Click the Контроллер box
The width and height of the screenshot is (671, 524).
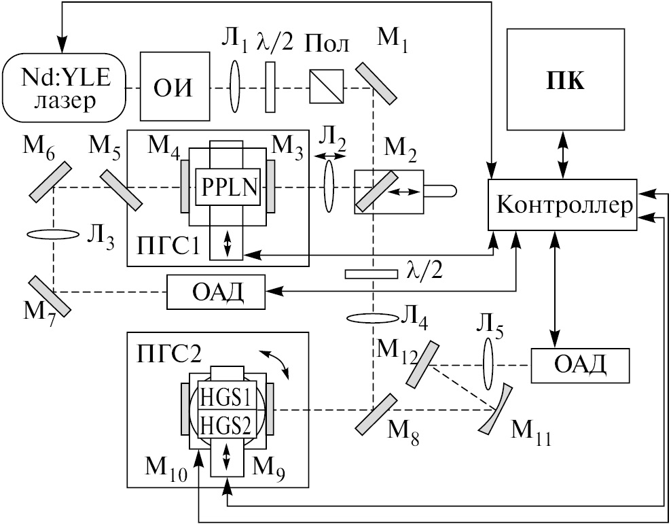562,205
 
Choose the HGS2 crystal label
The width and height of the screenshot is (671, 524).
225,425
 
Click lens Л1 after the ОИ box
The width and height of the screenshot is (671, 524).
235,87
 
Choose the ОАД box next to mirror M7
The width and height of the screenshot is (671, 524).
215,293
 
